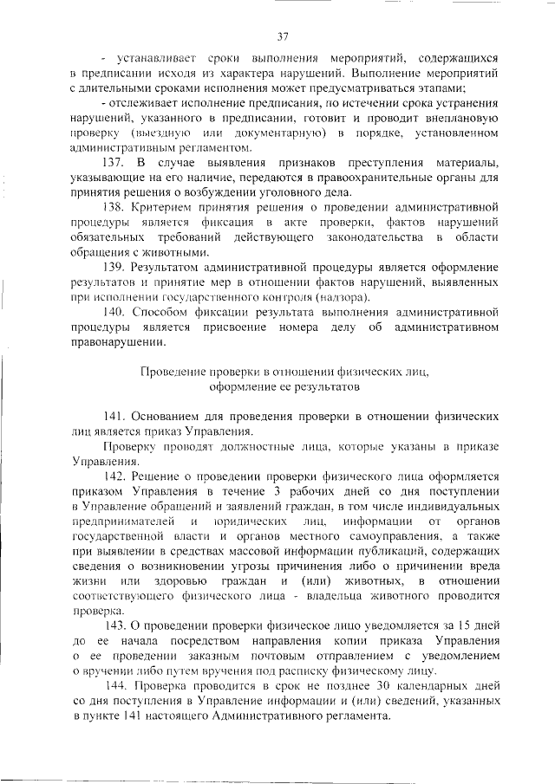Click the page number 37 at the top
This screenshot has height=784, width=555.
[x=282, y=36]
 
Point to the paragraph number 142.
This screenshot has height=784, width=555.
[x=115, y=476]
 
